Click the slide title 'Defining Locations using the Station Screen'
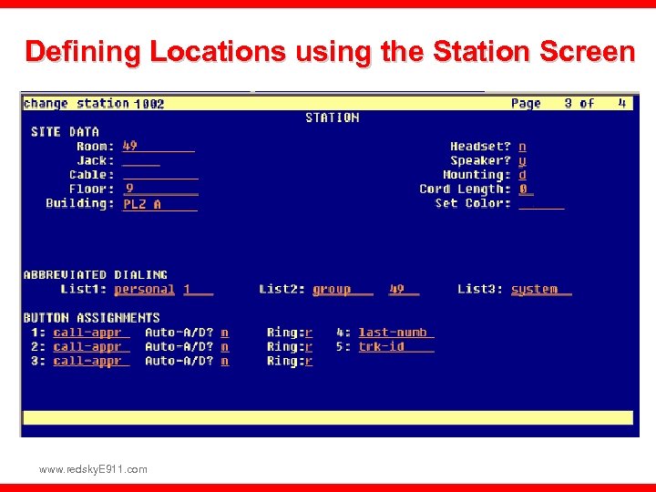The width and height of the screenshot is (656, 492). pos(329,52)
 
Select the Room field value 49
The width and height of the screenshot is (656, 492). pos(130,146)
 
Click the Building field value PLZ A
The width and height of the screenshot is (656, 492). pos(142,204)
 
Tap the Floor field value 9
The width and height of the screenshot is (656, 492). pos(129,189)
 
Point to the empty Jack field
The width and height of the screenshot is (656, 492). pos(141,161)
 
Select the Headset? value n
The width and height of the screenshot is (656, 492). pos(522,146)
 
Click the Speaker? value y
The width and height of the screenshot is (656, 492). pos(522,160)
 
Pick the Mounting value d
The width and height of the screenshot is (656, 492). pos(522,175)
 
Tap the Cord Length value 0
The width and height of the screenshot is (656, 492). pos(523,189)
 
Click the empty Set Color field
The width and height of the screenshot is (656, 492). pos(541,204)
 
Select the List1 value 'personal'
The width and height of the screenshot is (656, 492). pos(144,289)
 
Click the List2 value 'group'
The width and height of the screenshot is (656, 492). pos(332,289)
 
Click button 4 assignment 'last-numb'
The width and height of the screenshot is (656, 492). pos(393,333)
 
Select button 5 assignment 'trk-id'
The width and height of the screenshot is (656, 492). pos(382,346)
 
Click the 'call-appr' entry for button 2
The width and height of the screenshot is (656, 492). pos(87,346)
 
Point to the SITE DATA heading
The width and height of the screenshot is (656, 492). pos(65,132)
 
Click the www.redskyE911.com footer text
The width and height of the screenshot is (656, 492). pos(93,469)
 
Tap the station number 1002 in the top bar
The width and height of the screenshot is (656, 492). pos(149,104)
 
